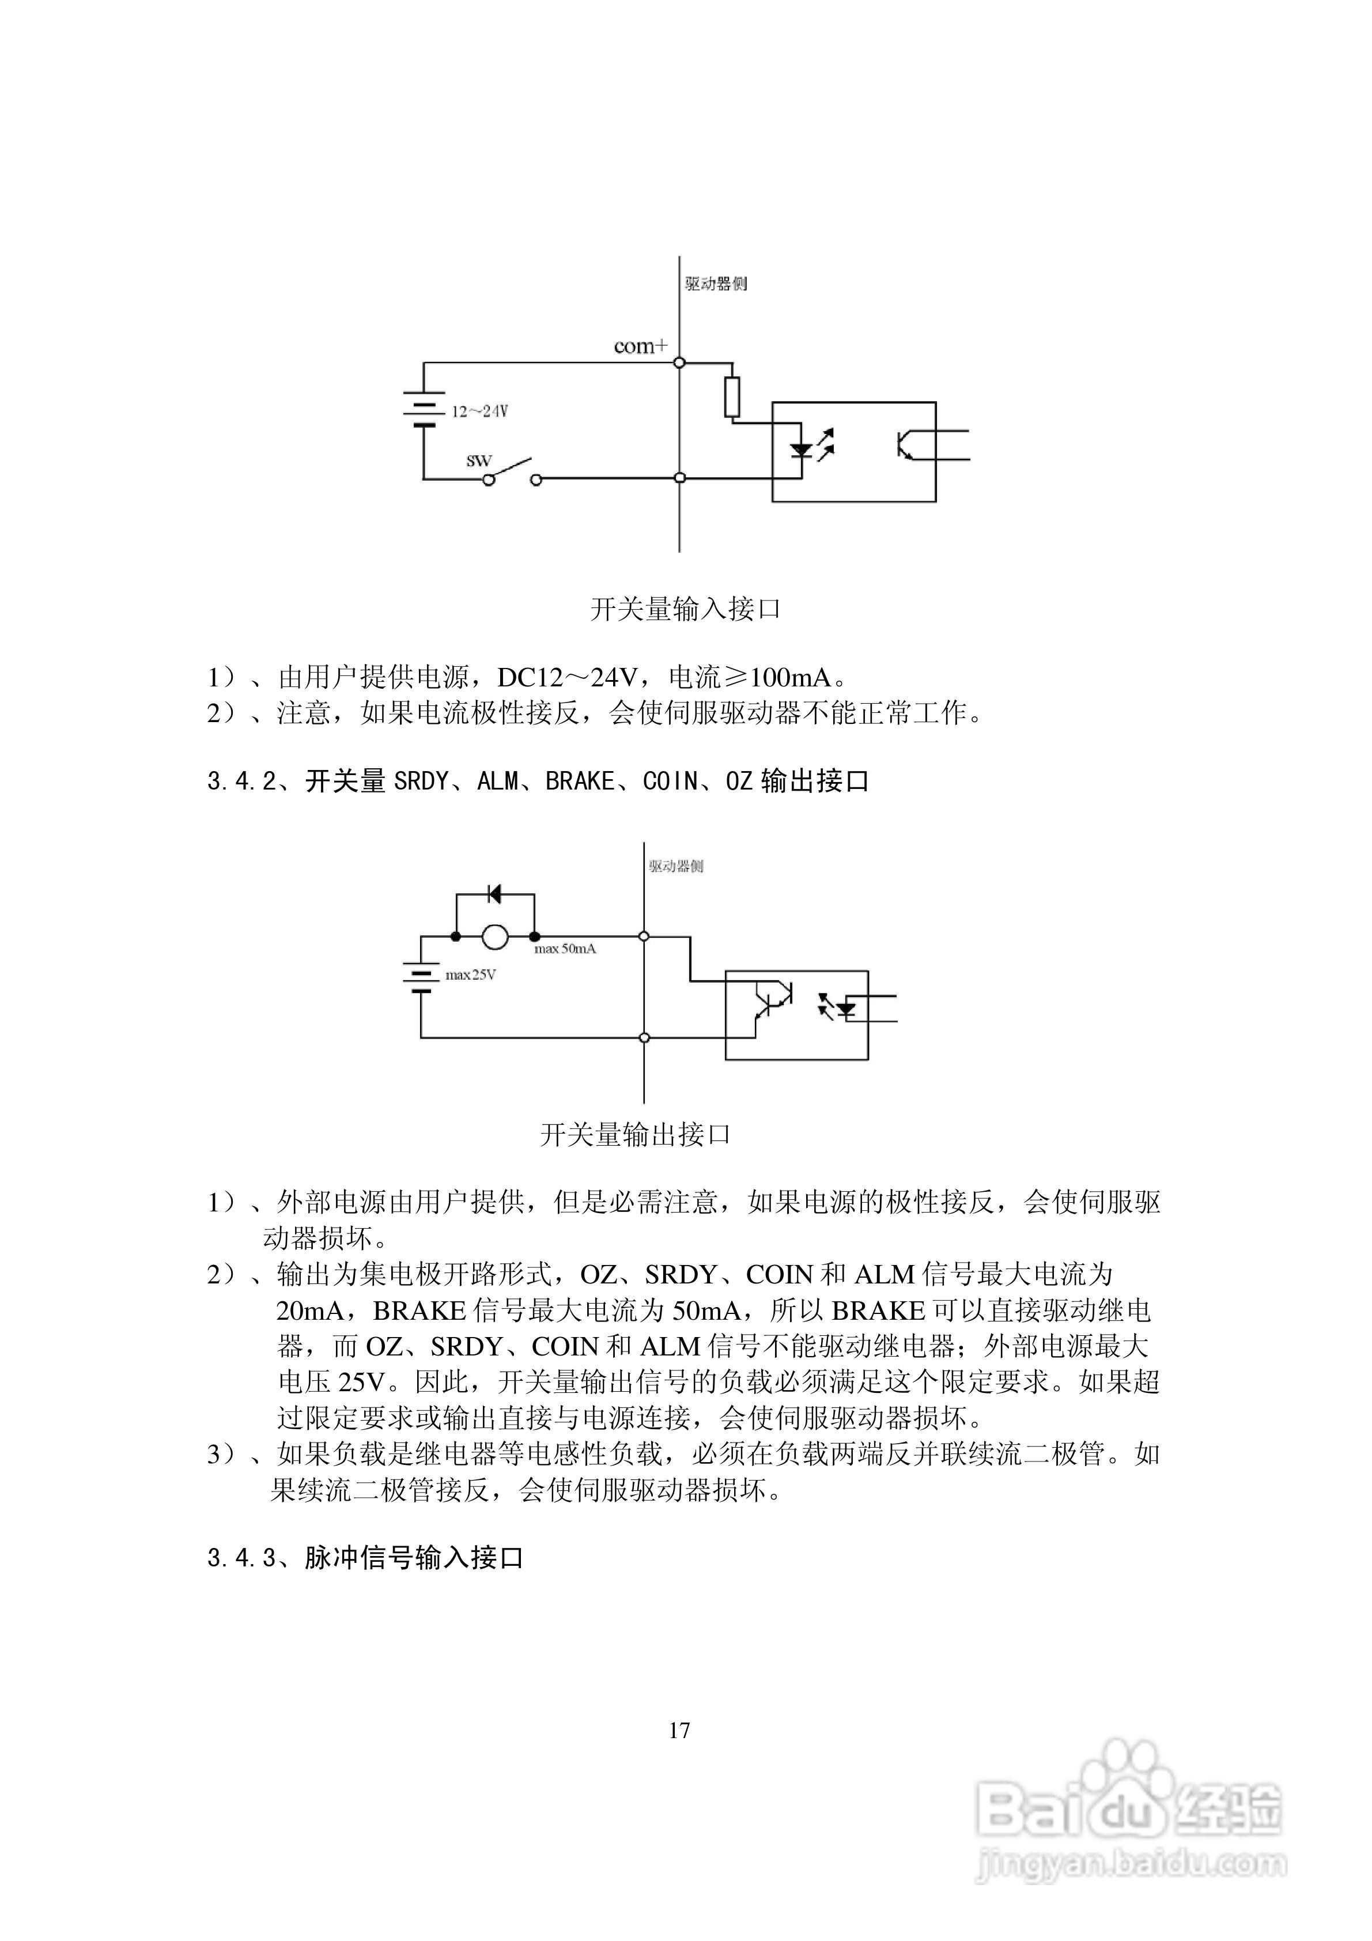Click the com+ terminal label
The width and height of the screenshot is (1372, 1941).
pyautogui.click(x=640, y=346)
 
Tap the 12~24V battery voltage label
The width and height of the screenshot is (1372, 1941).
pyautogui.click(x=479, y=411)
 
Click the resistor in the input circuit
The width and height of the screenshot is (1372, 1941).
pyautogui.click(x=732, y=397)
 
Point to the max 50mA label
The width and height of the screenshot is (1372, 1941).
pyautogui.click(x=565, y=949)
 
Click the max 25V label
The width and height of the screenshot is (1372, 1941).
pyautogui.click(x=470, y=975)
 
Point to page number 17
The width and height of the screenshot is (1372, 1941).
pyautogui.click(x=679, y=1731)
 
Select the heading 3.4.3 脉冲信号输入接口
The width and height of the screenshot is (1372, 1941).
pyautogui.click(x=365, y=1557)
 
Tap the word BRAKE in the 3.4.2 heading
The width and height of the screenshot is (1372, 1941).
pyautogui.click(x=579, y=781)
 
